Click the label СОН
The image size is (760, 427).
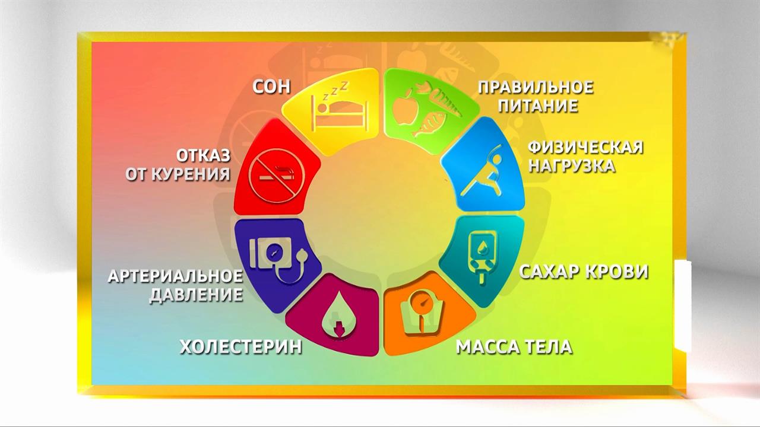tap(271, 87)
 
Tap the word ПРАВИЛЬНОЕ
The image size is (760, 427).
tap(536, 88)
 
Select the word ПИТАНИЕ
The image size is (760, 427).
tap(537, 107)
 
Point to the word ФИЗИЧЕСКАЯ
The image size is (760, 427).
tap(585, 147)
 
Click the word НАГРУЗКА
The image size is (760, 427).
tap(571, 165)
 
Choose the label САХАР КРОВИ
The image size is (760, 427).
tap(584, 272)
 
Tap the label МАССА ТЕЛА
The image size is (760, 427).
tap(514, 346)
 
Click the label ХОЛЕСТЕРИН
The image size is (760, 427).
tap(240, 346)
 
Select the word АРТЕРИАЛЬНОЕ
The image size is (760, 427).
tap(175, 276)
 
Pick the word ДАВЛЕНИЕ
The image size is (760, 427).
tap(196, 295)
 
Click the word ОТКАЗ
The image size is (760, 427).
tap(202, 156)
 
